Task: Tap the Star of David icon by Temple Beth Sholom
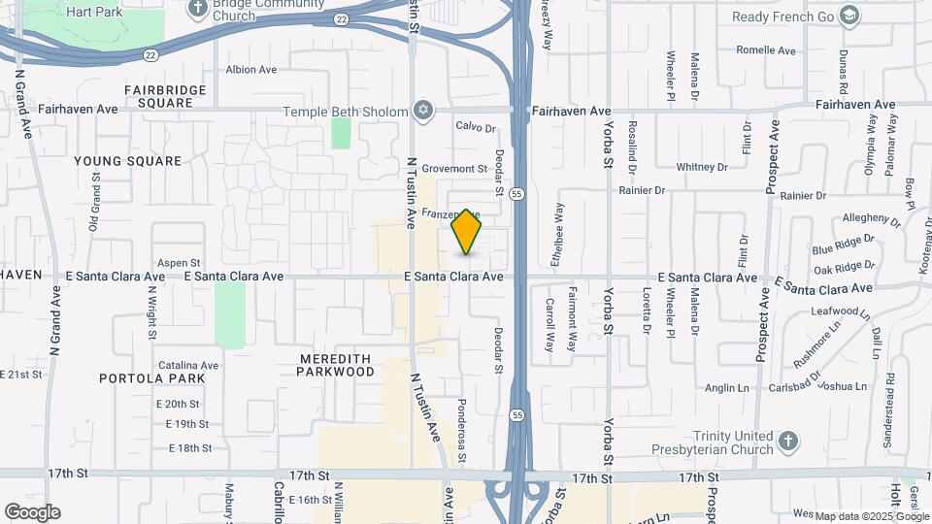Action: tap(421, 112)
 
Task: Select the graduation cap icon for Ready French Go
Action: tap(849, 16)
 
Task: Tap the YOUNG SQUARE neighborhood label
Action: tap(127, 161)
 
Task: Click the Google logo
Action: tap(32, 512)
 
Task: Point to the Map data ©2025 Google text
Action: tap(872, 516)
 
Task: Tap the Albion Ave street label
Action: tap(251, 70)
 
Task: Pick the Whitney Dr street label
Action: tap(702, 167)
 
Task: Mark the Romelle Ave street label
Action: tap(766, 50)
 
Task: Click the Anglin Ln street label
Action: tap(726, 388)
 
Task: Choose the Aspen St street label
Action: tap(178, 263)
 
